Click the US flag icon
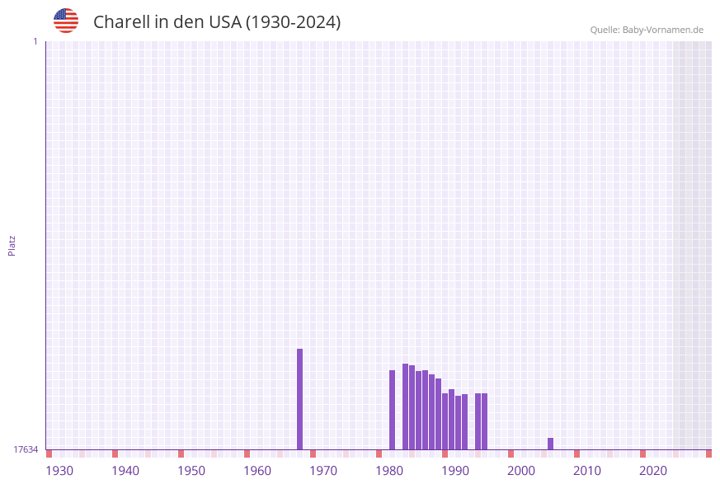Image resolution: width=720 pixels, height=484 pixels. (66, 21)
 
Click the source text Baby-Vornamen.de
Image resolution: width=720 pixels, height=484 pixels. (662, 30)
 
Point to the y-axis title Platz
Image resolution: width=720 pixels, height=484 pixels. (12, 245)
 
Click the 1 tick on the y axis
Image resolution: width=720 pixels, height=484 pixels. (35, 41)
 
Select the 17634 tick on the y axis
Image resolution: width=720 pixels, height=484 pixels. (26, 449)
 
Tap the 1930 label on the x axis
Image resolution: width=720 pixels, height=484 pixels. (59, 471)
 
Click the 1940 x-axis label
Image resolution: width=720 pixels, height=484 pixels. (125, 471)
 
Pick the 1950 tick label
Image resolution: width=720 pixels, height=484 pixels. (191, 471)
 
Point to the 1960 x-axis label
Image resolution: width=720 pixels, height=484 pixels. (257, 471)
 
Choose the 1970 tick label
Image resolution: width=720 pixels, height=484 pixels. (323, 471)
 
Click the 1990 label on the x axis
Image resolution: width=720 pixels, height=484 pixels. (455, 471)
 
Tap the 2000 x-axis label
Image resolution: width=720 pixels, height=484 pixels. (521, 471)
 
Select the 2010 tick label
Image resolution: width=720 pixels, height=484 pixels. (587, 471)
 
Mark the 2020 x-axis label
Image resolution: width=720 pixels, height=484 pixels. (653, 471)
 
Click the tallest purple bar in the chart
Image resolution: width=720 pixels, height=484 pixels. (299, 399)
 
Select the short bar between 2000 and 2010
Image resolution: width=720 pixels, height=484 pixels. (550, 444)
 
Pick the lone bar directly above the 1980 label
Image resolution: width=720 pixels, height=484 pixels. (392, 410)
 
